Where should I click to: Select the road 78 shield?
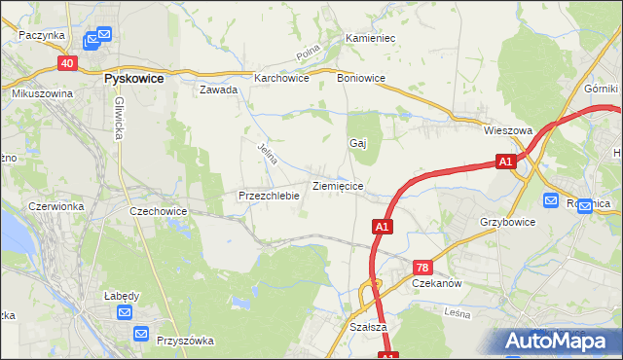(421, 267)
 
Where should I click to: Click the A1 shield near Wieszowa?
(504, 162)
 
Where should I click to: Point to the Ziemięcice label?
(338, 185)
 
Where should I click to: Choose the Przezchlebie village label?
(268, 196)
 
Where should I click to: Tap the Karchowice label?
(281, 78)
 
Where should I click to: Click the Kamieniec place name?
(369, 39)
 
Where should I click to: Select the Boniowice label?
(360, 78)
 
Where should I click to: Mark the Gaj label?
(357, 143)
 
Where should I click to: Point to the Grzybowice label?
(507, 222)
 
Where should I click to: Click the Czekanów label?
(436, 283)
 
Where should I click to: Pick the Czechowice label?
(158, 210)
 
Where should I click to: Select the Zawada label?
(219, 90)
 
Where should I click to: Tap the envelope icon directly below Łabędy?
(126, 312)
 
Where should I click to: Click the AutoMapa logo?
(562, 341)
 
